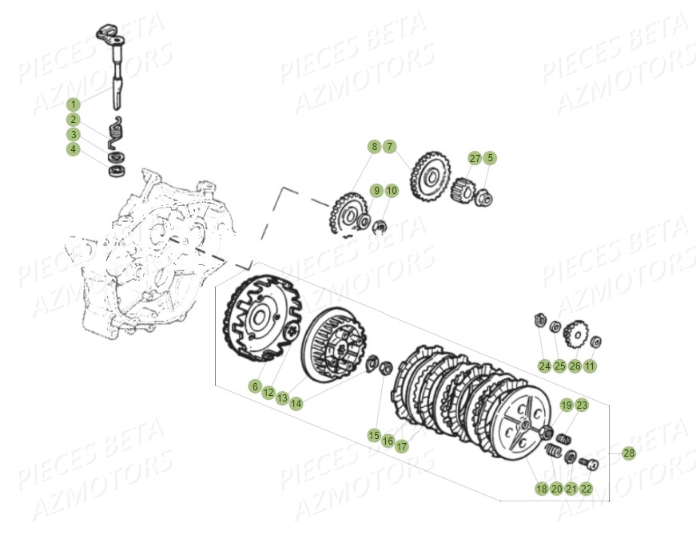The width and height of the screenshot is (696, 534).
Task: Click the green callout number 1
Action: (x=74, y=105)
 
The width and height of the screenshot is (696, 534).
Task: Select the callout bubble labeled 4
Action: (x=74, y=149)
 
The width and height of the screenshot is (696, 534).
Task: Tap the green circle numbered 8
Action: (x=373, y=147)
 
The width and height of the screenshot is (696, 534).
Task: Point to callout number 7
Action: (x=389, y=147)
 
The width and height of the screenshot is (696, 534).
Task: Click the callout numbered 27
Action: (x=475, y=158)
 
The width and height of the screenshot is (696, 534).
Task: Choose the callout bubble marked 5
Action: (x=490, y=158)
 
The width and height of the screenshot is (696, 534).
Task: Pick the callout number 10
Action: (x=392, y=191)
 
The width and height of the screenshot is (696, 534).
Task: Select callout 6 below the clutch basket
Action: (x=255, y=386)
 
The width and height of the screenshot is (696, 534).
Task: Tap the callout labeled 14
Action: (x=296, y=404)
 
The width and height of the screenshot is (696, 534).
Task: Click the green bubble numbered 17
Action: (x=402, y=447)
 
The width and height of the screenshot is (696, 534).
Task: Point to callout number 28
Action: (x=629, y=453)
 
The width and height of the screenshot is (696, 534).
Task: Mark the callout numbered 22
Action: (x=587, y=489)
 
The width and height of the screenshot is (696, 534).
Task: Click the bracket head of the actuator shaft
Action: (x=108, y=34)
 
